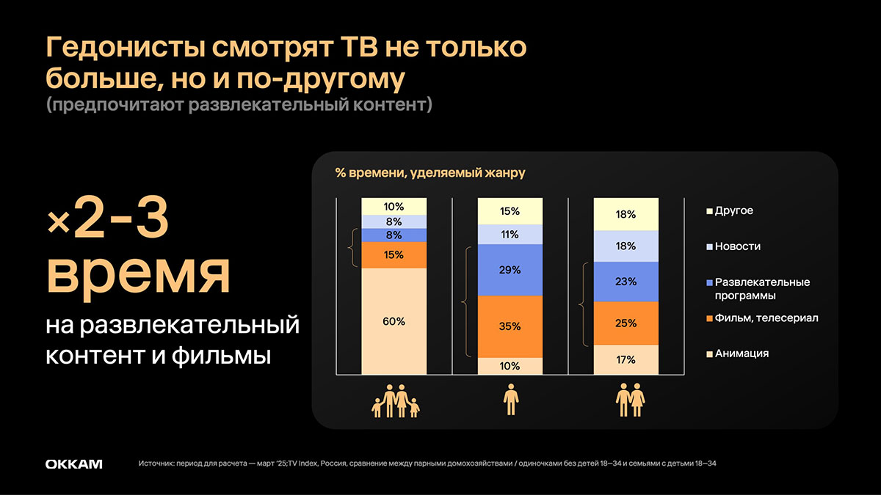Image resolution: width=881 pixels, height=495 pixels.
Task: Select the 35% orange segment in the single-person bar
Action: point(510,326)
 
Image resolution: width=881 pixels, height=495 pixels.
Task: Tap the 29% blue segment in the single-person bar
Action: point(510,270)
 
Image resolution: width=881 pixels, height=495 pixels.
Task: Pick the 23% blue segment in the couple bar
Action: point(626,282)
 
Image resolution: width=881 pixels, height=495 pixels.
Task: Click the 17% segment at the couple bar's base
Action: point(626,360)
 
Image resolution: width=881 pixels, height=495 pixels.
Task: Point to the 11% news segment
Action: point(510,235)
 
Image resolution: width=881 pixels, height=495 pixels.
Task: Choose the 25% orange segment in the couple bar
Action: point(626,323)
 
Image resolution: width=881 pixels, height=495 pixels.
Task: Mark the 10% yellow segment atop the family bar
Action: point(394,206)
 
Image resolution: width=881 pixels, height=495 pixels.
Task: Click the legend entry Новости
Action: point(737,246)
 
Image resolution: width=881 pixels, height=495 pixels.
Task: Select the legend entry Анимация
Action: point(742,353)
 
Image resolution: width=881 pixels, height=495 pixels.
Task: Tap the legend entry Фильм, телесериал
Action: point(766,318)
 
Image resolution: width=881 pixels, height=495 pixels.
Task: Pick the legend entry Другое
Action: point(733,211)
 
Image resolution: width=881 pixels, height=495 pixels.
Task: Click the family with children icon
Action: point(394,403)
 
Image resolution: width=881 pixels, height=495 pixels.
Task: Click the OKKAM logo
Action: point(73,464)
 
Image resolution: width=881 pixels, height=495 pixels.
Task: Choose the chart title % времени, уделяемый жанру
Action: point(430,173)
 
